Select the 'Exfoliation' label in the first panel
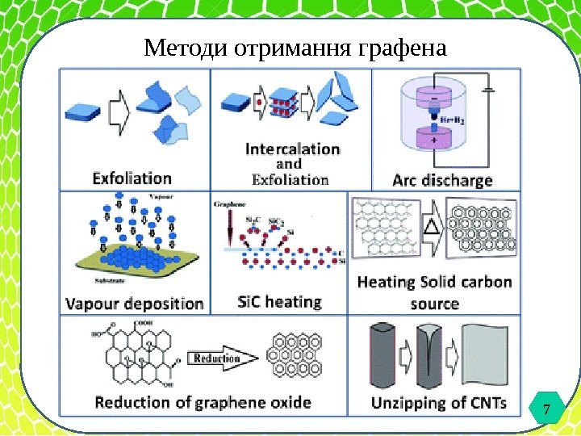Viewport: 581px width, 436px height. (132, 177)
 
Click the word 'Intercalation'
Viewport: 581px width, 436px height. (292, 149)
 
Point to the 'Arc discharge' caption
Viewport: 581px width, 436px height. (442, 180)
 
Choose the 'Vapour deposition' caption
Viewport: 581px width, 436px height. (134, 304)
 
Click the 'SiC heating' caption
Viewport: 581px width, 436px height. (279, 303)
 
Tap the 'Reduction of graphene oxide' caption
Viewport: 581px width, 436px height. (203, 402)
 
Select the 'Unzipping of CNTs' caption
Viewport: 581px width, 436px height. (439, 402)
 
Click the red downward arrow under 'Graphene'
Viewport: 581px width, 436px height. (231, 228)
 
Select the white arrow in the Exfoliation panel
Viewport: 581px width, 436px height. (118, 111)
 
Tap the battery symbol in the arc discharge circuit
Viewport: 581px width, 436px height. (490, 90)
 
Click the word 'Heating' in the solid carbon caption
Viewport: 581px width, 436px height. (385, 283)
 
